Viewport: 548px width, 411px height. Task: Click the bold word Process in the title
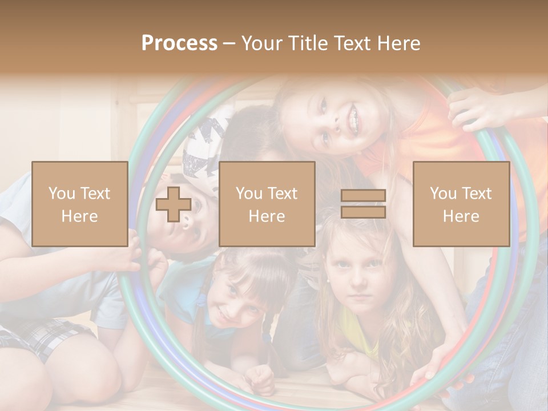tap(179, 43)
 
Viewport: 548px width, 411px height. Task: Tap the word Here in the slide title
tap(394, 43)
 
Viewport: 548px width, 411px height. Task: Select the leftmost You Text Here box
tap(80, 204)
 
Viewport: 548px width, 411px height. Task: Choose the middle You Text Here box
tap(267, 204)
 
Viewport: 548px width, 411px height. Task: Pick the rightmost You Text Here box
tap(461, 204)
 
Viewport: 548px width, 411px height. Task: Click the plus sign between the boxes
tap(174, 204)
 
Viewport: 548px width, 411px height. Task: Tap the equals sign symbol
tap(363, 204)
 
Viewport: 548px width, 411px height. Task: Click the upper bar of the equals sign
tap(363, 196)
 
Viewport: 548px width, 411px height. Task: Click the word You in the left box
tap(61, 194)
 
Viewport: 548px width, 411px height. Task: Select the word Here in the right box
tap(461, 216)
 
